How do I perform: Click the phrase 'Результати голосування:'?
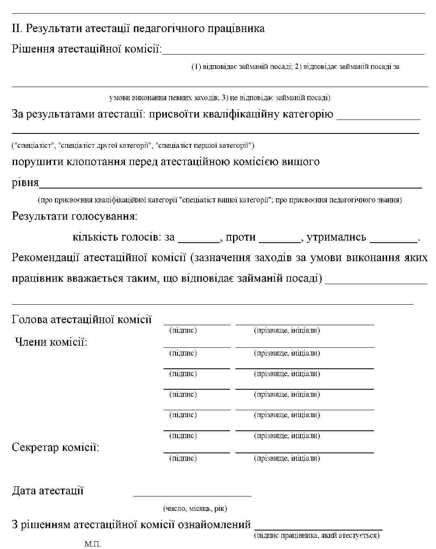coord(74,216)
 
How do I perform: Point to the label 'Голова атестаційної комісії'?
coord(82,319)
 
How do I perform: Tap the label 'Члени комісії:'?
coord(51,342)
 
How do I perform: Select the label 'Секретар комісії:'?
coord(55,447)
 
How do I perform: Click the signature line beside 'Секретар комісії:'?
coord(197,452)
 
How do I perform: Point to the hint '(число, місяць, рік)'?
coord(195,509)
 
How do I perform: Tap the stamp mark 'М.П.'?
coord(92,544)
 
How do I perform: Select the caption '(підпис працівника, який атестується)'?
coord(317,535)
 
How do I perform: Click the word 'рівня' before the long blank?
coord(25,182)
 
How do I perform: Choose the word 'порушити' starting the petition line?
coord(37,161)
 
